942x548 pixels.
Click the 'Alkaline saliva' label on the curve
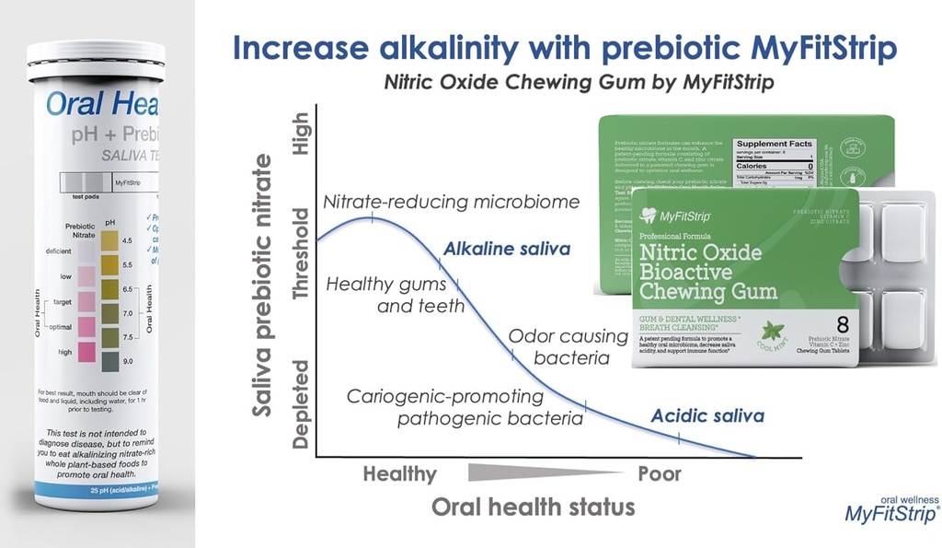click(x=507, y=249)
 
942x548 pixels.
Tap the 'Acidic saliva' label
click(x=707, y=415)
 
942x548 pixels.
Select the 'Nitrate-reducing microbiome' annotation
click(x=451, y=201)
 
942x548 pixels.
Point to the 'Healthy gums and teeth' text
click(x=396, y=294)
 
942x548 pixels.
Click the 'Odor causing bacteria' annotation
click(x=558, y=347)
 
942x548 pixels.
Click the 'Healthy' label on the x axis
click(x=399, y=474)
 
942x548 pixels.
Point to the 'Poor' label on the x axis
click(x=660, y=474)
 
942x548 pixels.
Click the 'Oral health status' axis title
click(x=533, y=507)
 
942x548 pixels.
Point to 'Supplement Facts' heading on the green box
click(x=775, y=144)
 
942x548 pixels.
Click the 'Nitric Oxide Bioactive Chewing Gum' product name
click(x=709, y=272)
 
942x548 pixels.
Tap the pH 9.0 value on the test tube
click(x=127, y=361)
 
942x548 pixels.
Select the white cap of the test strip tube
click(x=96, y=65)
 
